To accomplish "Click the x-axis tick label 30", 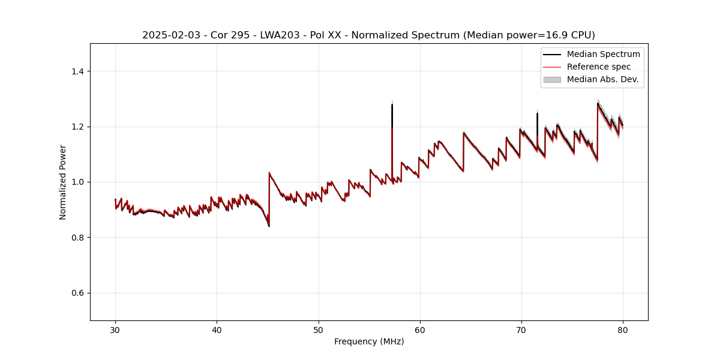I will (115, 329).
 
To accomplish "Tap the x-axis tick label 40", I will (217, 329).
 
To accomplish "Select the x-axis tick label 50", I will (318, 329).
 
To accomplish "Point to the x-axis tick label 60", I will (420, 329).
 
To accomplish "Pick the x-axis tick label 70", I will (521, 329).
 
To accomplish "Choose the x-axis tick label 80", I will (623, 329).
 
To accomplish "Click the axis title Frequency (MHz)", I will (369, 341).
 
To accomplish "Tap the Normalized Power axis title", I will (62, 182).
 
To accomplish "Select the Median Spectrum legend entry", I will (603, 54).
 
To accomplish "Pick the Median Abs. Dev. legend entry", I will (602, 79).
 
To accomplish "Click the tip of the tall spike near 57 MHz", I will (392, 105).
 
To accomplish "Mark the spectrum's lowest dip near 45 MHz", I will (269, 226).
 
